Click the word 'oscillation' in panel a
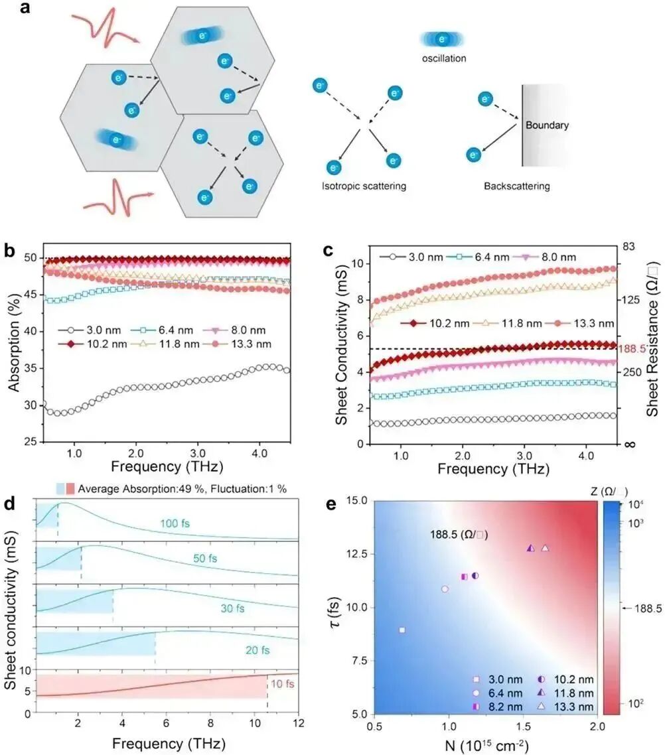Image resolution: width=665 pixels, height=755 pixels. [443, 58]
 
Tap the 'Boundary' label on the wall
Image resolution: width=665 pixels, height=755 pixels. [547, 124]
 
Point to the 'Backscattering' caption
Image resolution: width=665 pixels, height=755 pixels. [516, 186]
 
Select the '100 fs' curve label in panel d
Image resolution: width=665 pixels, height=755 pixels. [175, 523]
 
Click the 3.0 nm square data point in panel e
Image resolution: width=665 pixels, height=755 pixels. [402, 630]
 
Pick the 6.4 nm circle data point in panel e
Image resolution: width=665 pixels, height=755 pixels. [445, 589]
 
